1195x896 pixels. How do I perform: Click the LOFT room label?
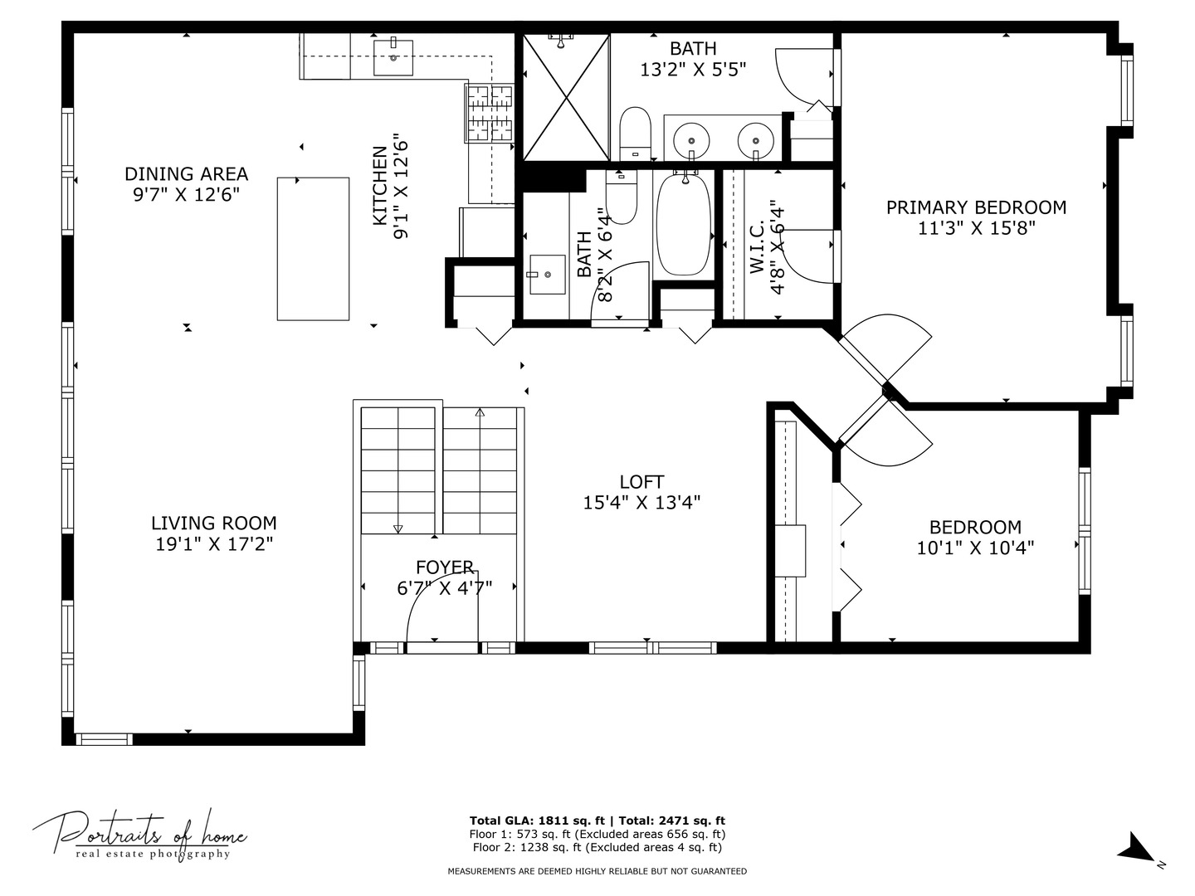[641, 482]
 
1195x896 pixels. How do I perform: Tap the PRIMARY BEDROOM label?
[976, 207]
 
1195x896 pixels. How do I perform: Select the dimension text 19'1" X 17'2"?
[214, 543]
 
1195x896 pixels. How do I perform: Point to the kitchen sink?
[393, 56]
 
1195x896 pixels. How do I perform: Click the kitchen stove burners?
[490, 113]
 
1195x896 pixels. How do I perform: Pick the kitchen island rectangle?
[313, 249]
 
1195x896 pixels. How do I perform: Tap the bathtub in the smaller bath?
[684, 224]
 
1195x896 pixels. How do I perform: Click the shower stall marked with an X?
[566, 97]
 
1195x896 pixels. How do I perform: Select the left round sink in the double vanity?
[691, 140]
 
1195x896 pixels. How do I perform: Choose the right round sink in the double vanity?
[756, 140]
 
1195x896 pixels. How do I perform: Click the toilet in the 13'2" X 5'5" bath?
[636, 134]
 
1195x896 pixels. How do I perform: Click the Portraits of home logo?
[139, 836]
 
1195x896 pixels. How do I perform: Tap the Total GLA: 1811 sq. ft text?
[538, 821]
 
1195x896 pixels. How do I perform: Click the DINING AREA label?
[186, 174]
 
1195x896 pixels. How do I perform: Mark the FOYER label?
[444, 567]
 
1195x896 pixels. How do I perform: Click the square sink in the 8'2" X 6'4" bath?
[547, 274]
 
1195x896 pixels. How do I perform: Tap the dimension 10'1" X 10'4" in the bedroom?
[976, 548]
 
